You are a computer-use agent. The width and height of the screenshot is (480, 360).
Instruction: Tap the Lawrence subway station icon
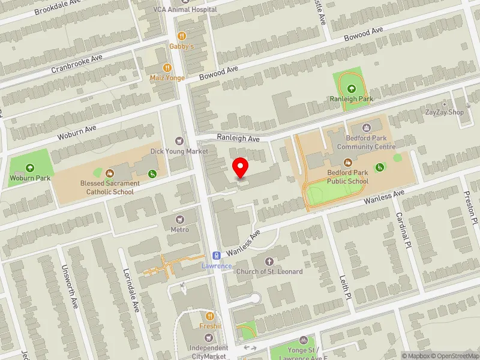point(217,255)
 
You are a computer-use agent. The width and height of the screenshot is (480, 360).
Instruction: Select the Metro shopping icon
point(179,219)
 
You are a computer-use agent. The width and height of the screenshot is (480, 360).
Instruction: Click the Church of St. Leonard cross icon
point(269,261)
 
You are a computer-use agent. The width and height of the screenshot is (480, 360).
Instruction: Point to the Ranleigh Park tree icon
point(351,88)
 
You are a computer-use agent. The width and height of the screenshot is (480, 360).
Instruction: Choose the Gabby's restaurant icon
point(182,35)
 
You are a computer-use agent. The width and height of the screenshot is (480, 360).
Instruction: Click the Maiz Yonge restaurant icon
point(167,68)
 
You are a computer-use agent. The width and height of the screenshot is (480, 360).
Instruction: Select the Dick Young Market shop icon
point(179,141)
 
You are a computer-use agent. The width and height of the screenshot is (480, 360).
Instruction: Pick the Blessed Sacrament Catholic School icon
point(110,173)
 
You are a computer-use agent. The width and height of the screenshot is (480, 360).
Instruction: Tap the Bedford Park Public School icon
point(347,162)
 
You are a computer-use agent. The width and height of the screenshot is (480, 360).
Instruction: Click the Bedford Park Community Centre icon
point(366,127)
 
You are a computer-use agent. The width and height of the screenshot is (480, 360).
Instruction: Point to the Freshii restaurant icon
point(210,316)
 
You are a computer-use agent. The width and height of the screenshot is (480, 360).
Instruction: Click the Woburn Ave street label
point(77,133)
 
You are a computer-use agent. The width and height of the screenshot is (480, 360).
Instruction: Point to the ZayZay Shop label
point(445,112)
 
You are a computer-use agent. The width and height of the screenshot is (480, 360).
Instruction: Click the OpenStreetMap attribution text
point(452,356)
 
